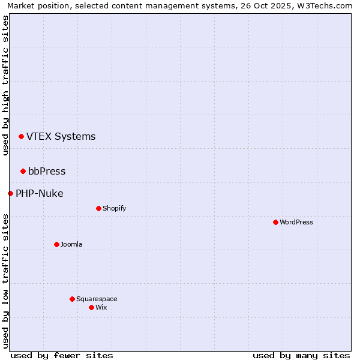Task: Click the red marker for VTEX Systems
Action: click(x=21, y=137)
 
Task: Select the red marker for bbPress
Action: click(x=23, y=172)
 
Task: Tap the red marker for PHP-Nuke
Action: click(x=10, y=193)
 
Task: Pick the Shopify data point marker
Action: click(x=98, y=209)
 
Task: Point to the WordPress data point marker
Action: click(x=275, y=223)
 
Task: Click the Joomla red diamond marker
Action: click(x=56, y=244)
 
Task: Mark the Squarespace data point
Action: click(x=72, y=299)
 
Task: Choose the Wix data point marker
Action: click(x=91, y=307)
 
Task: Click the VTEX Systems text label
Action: click(x=61, y=137)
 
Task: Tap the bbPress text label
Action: click(x=47, y=172)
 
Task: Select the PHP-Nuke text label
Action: click(x=39, y=193)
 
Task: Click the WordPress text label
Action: click(x=296, y=223)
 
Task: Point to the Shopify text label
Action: click(x=114, y=209)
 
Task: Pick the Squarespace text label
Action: click(x=97, y=299)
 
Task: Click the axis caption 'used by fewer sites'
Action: click(x=62, y=355)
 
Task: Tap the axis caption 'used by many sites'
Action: click(x=301, y=355)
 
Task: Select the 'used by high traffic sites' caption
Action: click(x=5, y=85)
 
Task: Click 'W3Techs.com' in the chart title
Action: click(x=328, y=6)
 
